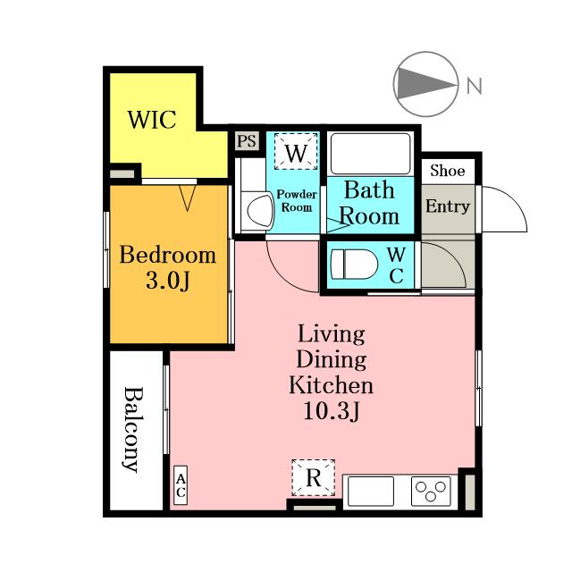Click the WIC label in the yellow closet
click(152, 119)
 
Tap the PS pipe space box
click(247, 141)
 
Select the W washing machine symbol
click(296, 151)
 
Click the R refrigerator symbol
click(314, 477)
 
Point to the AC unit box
click(181, 485)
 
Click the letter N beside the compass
click(475, 86)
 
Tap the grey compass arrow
click(426, 84)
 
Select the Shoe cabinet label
click(448, 171)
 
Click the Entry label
click(448, 206)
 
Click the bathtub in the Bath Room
click(370, 154)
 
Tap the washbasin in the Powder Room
click(260, 211)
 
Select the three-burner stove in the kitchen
click(431, 491)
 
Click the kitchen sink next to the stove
click(371, 491)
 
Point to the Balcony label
click(131, 429)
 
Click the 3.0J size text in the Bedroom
click(168, 282)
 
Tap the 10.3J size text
click(332, 411)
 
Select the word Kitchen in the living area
click(332, 385)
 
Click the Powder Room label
click(297, 200)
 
